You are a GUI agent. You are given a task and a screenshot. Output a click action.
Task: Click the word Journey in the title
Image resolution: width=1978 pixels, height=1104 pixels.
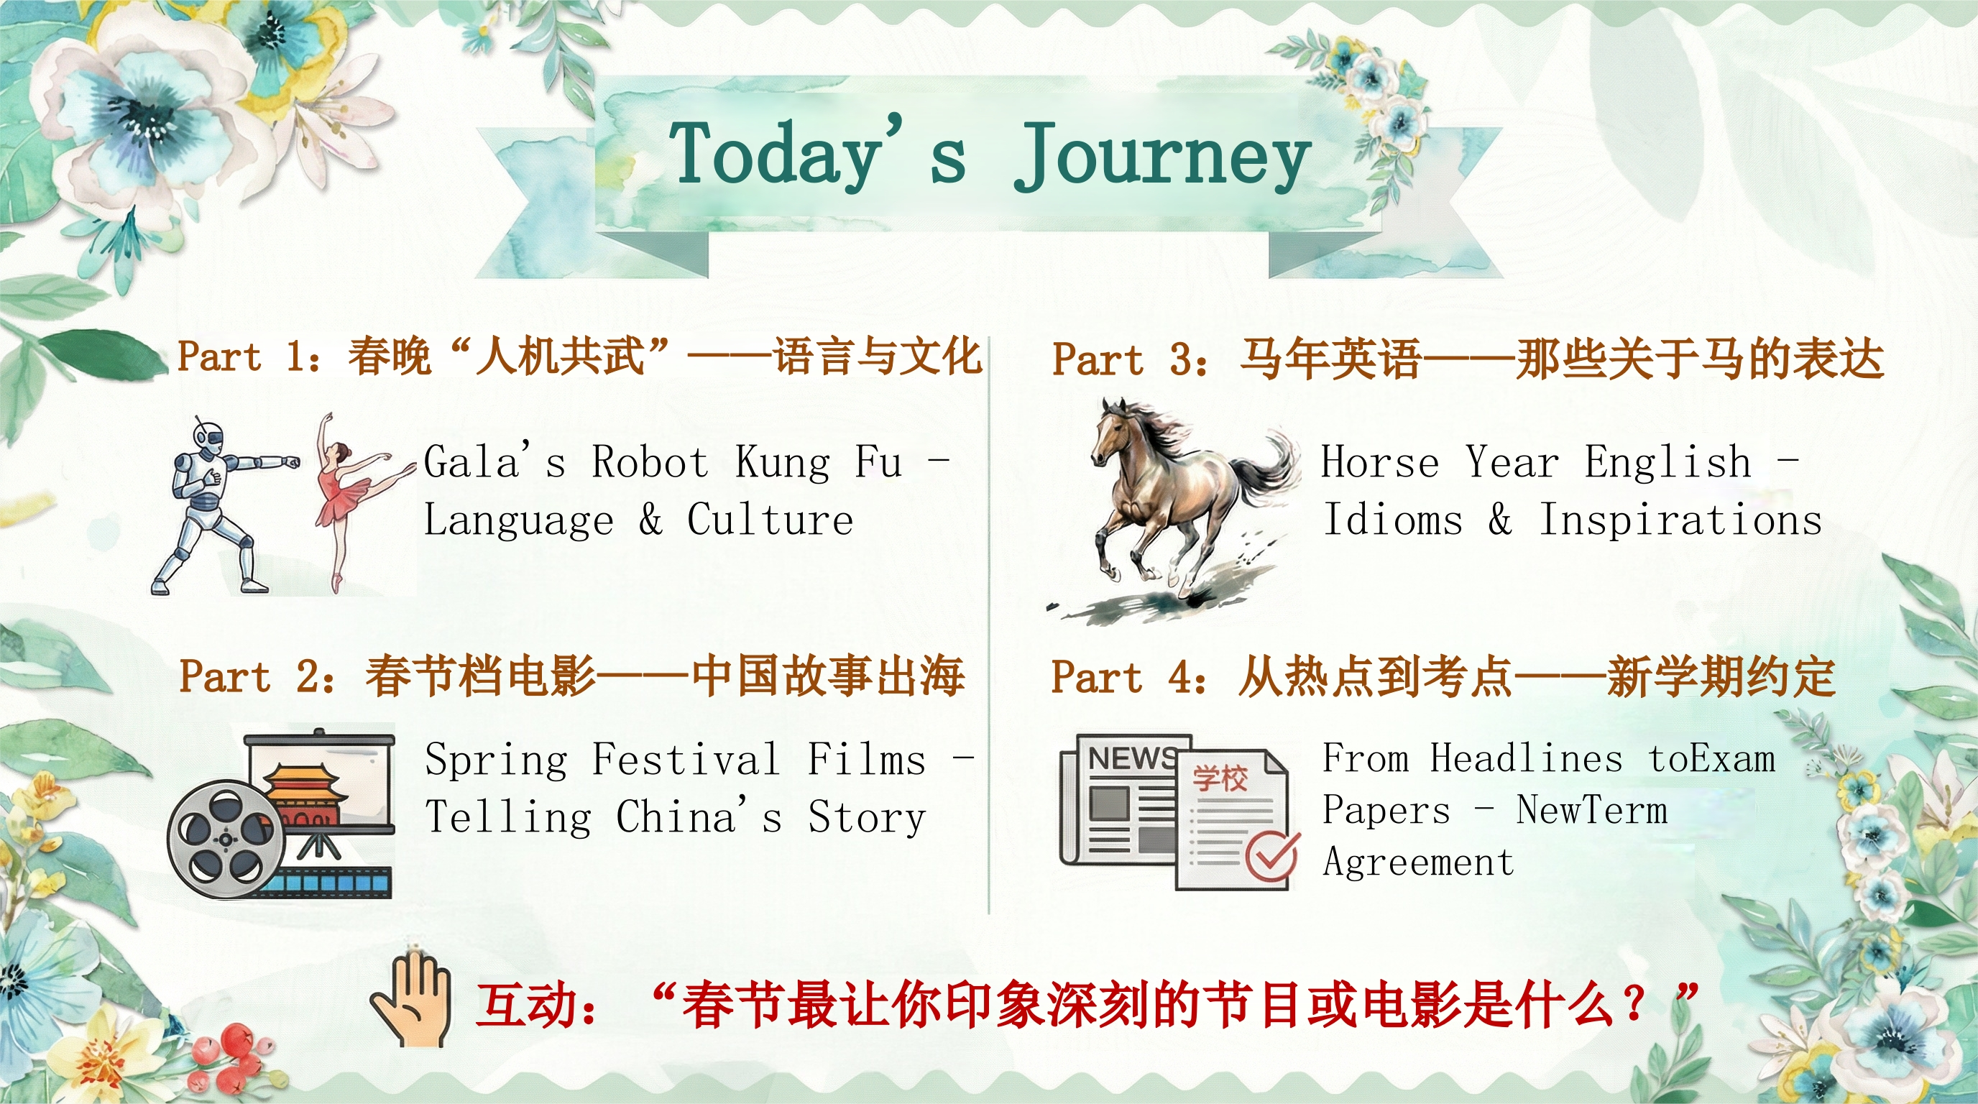(x=1161, y=157)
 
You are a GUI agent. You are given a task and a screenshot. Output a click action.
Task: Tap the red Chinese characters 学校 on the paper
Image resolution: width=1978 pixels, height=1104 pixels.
(x=1219, y=778)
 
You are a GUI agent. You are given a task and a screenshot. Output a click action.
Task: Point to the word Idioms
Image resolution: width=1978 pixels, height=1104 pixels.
(x=1392, y=519)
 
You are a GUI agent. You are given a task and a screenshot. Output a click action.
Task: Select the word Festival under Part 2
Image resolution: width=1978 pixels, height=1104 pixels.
(x=686, y=759)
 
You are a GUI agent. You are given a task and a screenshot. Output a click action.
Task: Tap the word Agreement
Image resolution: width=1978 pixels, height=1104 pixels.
(x=1418, y=863)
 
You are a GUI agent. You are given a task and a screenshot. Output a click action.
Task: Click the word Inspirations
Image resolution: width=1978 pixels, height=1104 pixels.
(x=1680, y=519)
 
